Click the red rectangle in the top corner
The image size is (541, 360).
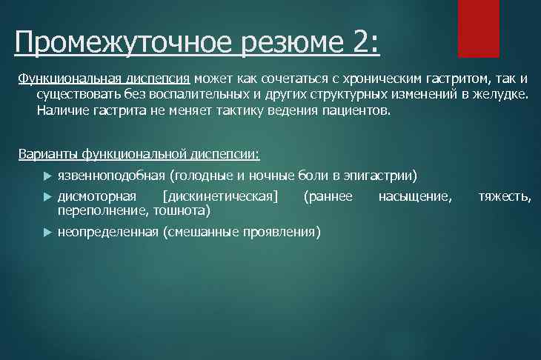(x=479, y=28)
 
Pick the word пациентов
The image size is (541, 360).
(x=358, y=110)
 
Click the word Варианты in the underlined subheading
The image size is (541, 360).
(x=47, y=154)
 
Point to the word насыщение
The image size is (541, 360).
(x=414, y=196)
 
